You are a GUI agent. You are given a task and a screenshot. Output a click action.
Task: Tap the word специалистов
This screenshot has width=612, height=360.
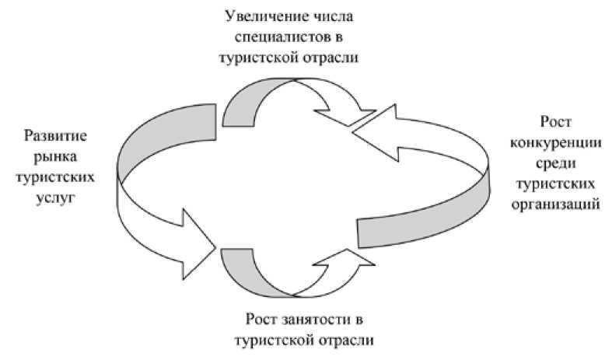click(287, 36)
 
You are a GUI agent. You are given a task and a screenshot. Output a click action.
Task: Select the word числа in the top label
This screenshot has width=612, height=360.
click(334, 15)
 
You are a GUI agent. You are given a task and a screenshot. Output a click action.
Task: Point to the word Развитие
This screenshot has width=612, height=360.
click(56, 137)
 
